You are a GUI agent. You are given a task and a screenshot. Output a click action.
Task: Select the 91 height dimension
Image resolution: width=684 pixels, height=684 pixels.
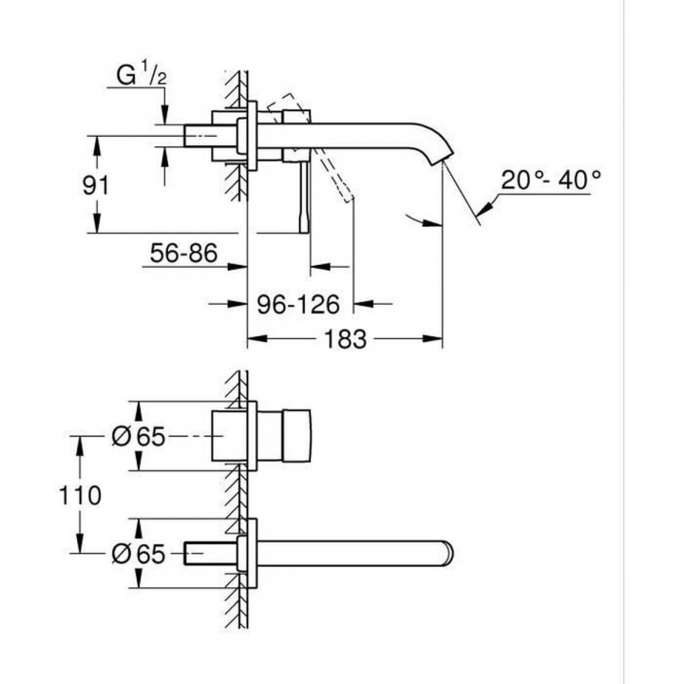(x=92, y=184)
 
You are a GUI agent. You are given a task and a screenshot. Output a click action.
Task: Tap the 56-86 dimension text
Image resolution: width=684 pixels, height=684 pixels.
(x=184, y=254)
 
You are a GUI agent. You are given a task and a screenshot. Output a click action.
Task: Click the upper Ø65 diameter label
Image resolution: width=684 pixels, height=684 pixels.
(x=139, y=436)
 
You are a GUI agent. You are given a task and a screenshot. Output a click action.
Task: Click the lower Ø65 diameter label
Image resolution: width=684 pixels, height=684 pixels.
(x=139, y=552)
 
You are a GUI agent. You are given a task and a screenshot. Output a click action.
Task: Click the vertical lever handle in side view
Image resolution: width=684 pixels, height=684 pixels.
(x=302, y=195)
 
